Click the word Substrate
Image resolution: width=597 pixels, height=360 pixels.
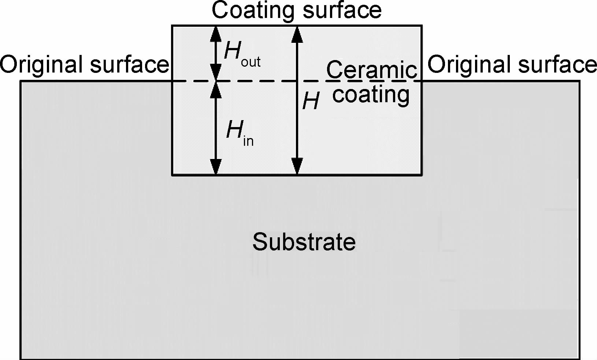click(304, 242)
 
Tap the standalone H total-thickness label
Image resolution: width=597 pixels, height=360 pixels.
click(311, 101)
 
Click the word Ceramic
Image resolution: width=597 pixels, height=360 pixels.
click(371, 70)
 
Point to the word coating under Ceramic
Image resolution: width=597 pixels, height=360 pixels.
click(371, 95)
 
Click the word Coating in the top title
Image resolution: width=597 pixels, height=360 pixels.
click(253, 10)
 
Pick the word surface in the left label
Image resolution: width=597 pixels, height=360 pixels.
click(129, 64)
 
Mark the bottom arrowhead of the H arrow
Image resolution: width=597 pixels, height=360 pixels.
click(297, 167)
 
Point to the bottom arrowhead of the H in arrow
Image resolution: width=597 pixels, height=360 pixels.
click(216, 167)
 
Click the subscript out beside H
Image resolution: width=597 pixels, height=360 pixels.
click(251, 62)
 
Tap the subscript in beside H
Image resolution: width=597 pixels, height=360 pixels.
click(248, 141)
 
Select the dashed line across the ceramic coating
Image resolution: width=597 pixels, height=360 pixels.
click(256, 81)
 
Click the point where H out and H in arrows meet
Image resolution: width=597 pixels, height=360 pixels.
click(216, 81)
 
